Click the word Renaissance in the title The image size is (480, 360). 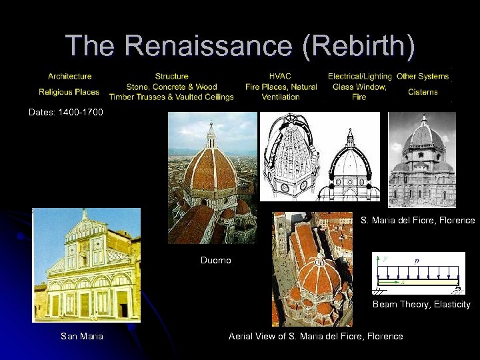click(207, 45)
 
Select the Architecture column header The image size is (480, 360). click(69, 76)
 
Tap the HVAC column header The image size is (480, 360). click(280, 76)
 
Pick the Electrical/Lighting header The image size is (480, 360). click(359, 76)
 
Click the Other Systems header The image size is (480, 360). click(423, 76)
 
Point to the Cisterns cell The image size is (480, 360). click(423, 92)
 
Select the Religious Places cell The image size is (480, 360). click(69, 92)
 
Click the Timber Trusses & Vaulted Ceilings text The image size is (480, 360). click(171, 97)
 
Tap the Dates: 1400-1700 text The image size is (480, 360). click(66, 112)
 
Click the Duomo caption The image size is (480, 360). click(215, 260)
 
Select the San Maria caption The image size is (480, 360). click(82, 336)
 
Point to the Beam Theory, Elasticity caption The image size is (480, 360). click(421, 304)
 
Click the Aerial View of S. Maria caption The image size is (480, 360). click(315, 336)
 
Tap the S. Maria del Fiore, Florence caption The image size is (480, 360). click(418, 220)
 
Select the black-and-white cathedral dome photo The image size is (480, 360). click(422, 160)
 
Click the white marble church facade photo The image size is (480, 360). click(87, 267)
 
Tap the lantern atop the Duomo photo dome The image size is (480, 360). click(211, 135)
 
